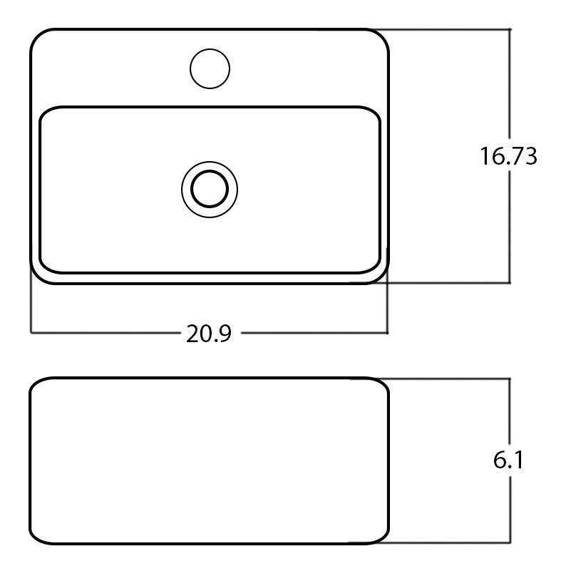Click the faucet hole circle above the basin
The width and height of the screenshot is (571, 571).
(x=210, y=69)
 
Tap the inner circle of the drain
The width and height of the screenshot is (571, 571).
(x=210, y=190)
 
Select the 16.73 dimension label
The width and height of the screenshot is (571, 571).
(x=508, y=156)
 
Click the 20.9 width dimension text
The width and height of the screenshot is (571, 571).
(x=209, y=334)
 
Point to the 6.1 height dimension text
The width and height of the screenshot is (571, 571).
(x=508, y=461)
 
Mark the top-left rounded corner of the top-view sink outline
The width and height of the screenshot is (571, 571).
(x=37, y=36)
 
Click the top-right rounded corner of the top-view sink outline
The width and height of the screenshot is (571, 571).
(x=382, y=36)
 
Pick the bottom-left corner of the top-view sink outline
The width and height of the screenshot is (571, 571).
(x=38, y=277)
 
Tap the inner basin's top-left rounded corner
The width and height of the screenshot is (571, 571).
(x=46, y=113)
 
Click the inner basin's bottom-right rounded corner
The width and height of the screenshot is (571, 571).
(x=374, y=267)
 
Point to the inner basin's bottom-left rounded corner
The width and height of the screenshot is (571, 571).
(x=45, y=267)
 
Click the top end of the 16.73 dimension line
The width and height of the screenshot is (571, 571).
(x=510, y=29)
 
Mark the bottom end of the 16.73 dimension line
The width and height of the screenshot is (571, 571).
(x=510, y=283)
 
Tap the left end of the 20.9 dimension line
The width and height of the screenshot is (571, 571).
(x=31, y=332)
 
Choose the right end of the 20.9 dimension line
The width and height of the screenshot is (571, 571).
(x=387, y=332)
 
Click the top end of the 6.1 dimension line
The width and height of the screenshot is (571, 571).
(x=510, y=379)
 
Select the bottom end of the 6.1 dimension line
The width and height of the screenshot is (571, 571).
(x=510, y=543)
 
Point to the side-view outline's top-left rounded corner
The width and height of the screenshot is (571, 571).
(x=36, y=384)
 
